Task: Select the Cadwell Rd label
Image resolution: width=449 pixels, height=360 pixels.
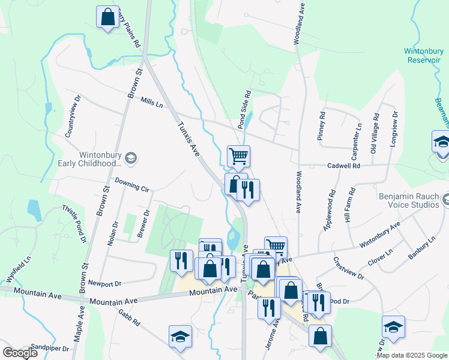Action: coord(343,166)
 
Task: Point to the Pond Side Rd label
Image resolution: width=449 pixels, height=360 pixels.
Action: coord(244,110)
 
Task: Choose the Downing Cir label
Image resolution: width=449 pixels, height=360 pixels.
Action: coord(131,183)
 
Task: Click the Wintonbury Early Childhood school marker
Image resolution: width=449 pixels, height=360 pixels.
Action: coord(131,158)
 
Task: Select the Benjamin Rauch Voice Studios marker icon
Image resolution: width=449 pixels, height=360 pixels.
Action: coord(445,199)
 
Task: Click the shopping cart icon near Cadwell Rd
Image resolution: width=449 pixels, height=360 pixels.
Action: coord(238,157)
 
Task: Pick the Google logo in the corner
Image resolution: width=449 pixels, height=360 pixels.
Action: coord(20,353)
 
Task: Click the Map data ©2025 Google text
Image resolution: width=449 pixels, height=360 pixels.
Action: coord(412,355)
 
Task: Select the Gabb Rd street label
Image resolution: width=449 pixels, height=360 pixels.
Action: coord(129,317)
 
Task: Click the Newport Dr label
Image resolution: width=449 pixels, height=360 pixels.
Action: coord(104,283)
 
